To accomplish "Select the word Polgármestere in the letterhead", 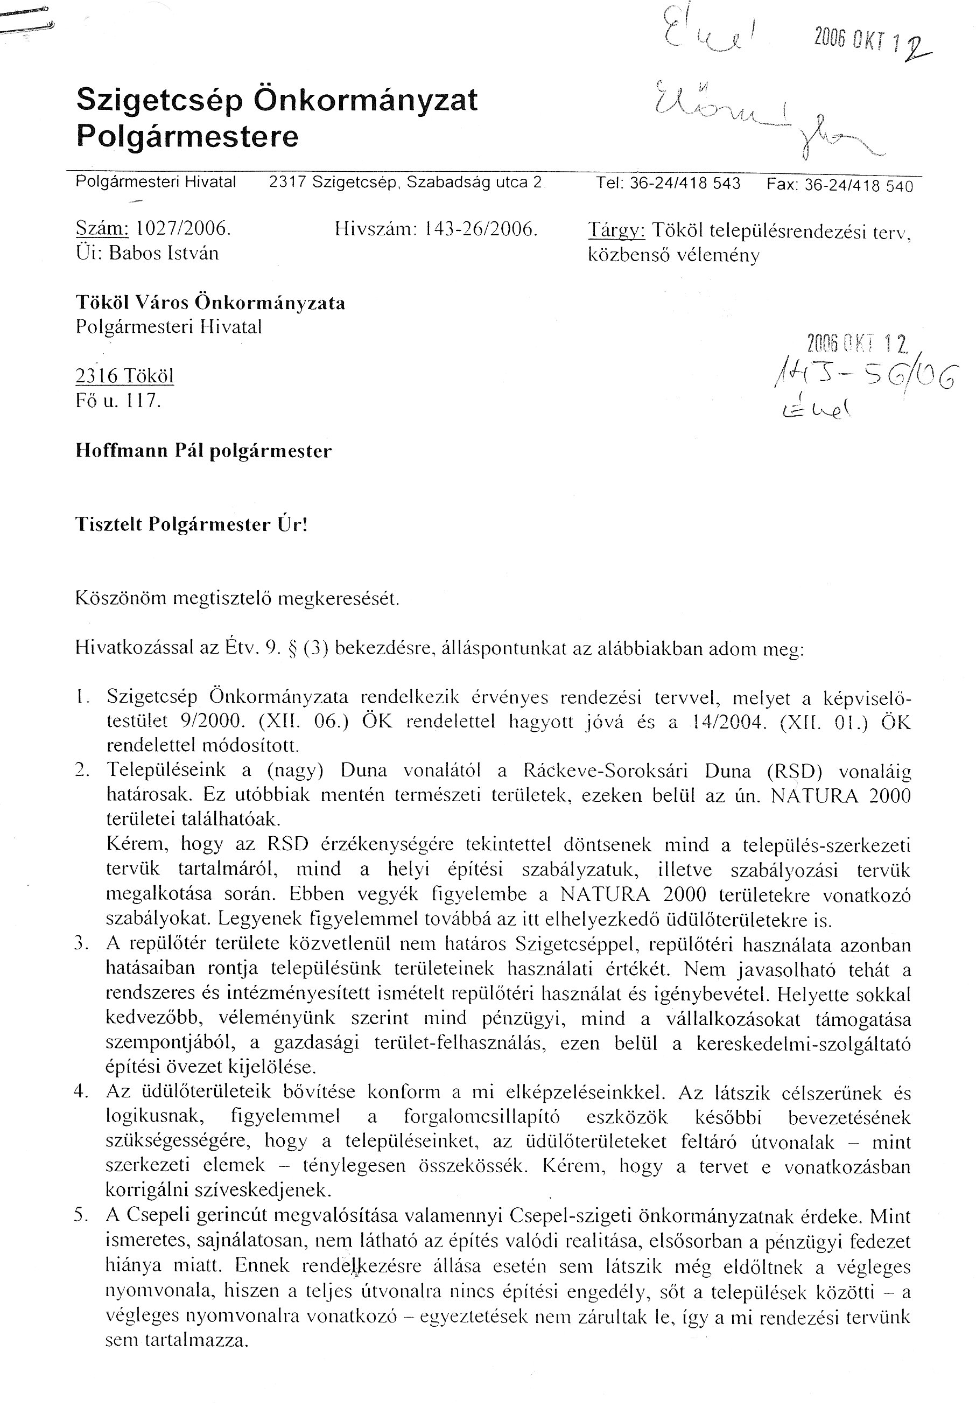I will click(187, 136).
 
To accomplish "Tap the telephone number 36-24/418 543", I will click(685, 184).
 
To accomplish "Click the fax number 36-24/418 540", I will click(858, 185).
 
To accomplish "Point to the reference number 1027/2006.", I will click(183, 229).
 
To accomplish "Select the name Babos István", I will click(163, 253).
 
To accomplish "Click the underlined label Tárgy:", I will click(616, 230).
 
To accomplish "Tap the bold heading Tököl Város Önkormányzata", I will click(210, 303).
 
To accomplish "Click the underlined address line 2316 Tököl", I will click(125, 376).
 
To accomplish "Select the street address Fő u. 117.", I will click(118, 401).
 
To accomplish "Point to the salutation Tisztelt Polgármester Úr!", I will click(191, 524).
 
